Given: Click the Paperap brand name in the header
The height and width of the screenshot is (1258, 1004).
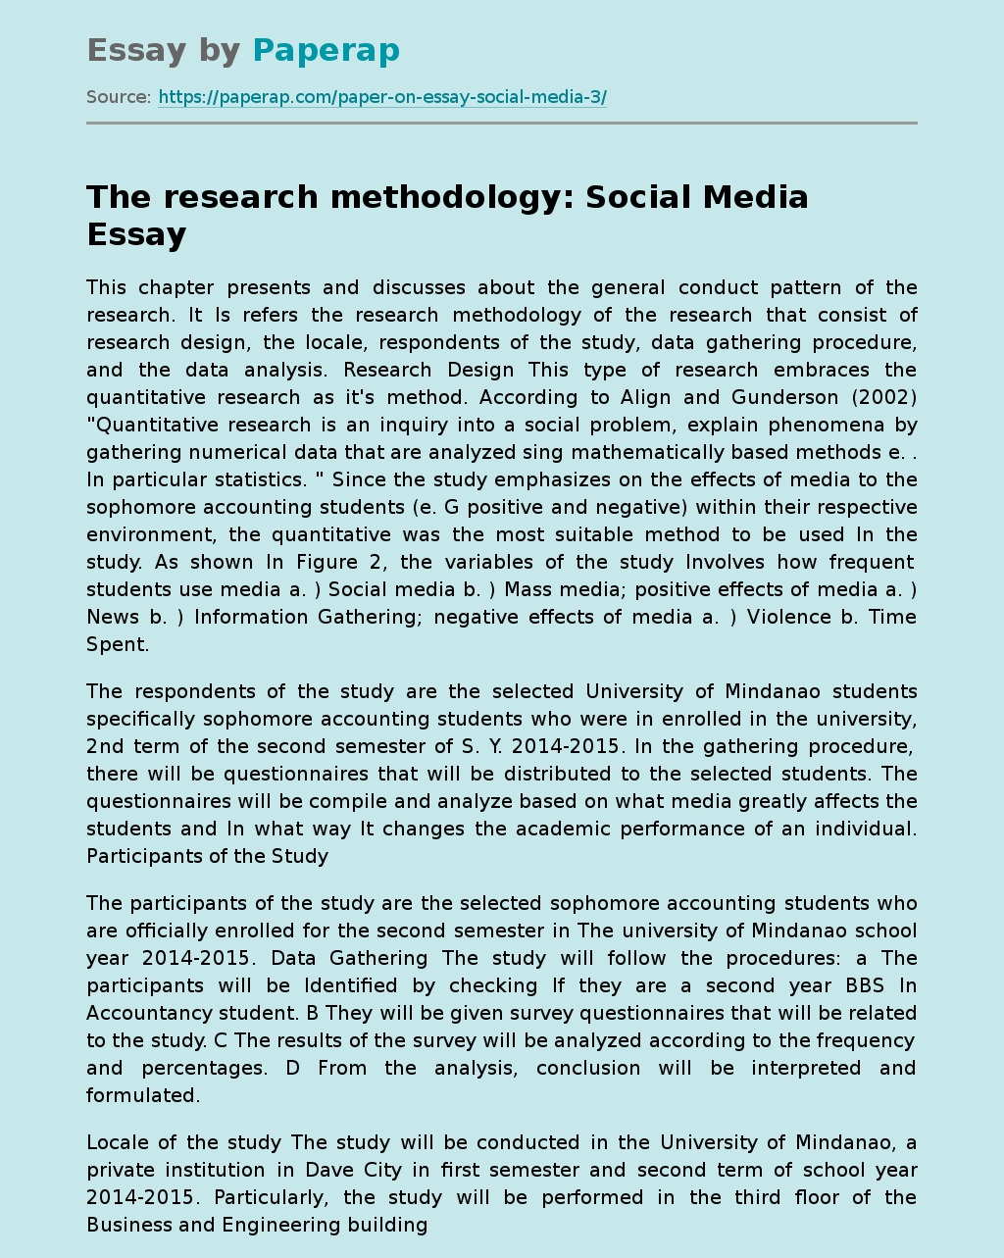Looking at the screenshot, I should tap(326, 50).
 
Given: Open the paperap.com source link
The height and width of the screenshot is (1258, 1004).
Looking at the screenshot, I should tap(382, 97).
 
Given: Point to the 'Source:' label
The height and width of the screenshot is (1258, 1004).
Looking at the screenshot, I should tap(119, 97).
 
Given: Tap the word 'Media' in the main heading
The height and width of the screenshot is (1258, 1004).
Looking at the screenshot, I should tap(754, 197).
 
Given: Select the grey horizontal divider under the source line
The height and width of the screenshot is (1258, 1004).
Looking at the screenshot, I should tap(502, 124).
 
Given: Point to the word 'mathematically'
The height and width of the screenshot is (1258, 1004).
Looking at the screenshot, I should tap(648, 452).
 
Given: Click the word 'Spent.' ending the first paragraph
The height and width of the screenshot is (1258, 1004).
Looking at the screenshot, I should tap(118, 644).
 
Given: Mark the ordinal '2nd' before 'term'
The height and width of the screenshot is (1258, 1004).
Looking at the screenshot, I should tap(106, 746).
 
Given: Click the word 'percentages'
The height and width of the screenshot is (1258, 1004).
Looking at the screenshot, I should tap(204, 1068).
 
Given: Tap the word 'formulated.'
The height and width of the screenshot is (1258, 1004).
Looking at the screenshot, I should tap(143, 1095).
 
